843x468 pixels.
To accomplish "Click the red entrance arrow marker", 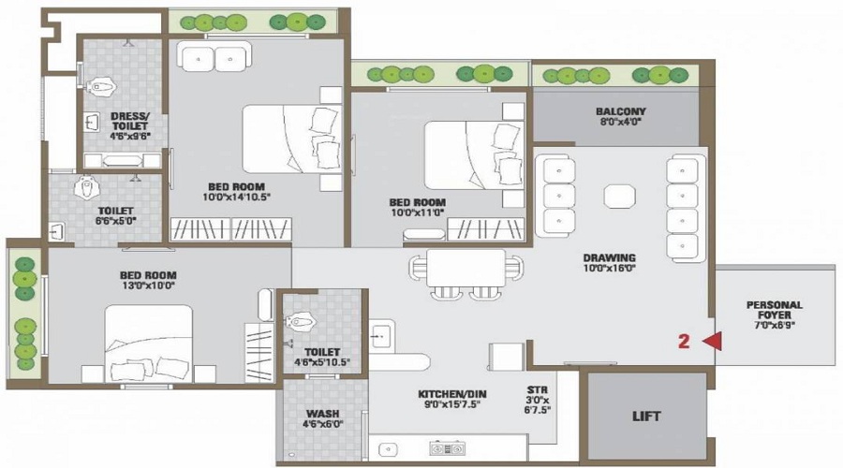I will [x=712, y=342].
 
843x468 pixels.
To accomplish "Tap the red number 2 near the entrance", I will [x=684, y=342].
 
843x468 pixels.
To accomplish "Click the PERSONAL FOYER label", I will [x=775, y=311].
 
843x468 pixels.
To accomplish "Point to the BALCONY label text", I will [x=621, y=111].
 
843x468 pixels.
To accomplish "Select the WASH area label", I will [x=322, y=413].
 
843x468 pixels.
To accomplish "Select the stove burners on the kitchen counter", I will [x=441, y=447].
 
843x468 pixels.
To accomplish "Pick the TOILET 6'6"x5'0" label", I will [x=115, y=216].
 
